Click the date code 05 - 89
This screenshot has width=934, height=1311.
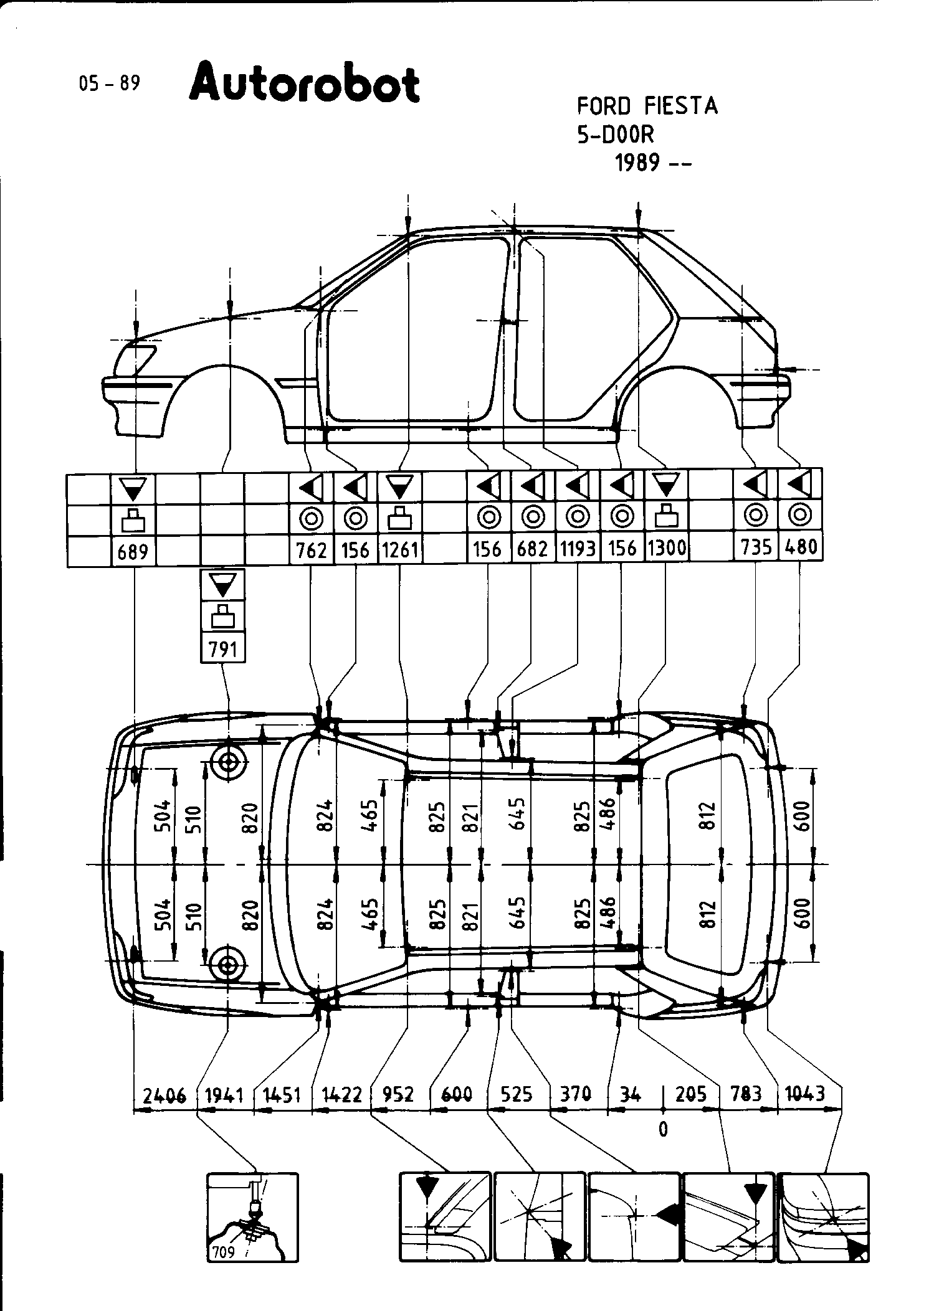(110, 83)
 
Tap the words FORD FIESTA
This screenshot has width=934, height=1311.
(647, 106)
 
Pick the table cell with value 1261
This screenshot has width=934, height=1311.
(400, 549)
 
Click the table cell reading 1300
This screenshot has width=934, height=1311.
(666, 548)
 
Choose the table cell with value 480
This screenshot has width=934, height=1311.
(801, 547)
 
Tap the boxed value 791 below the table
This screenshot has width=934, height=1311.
(222, 649)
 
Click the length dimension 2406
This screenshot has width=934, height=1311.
(164, 1094)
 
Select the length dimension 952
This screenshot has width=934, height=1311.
(399, 1094)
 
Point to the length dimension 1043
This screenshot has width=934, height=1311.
(809, 1093)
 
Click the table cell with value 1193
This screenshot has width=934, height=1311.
(578, 549)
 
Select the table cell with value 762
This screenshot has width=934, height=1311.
(312, 550)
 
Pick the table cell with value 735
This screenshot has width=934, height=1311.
(756, 547)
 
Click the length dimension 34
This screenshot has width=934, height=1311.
(631, 1094)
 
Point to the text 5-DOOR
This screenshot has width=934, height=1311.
(616, 135)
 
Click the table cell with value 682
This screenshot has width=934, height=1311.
(533, 549)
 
